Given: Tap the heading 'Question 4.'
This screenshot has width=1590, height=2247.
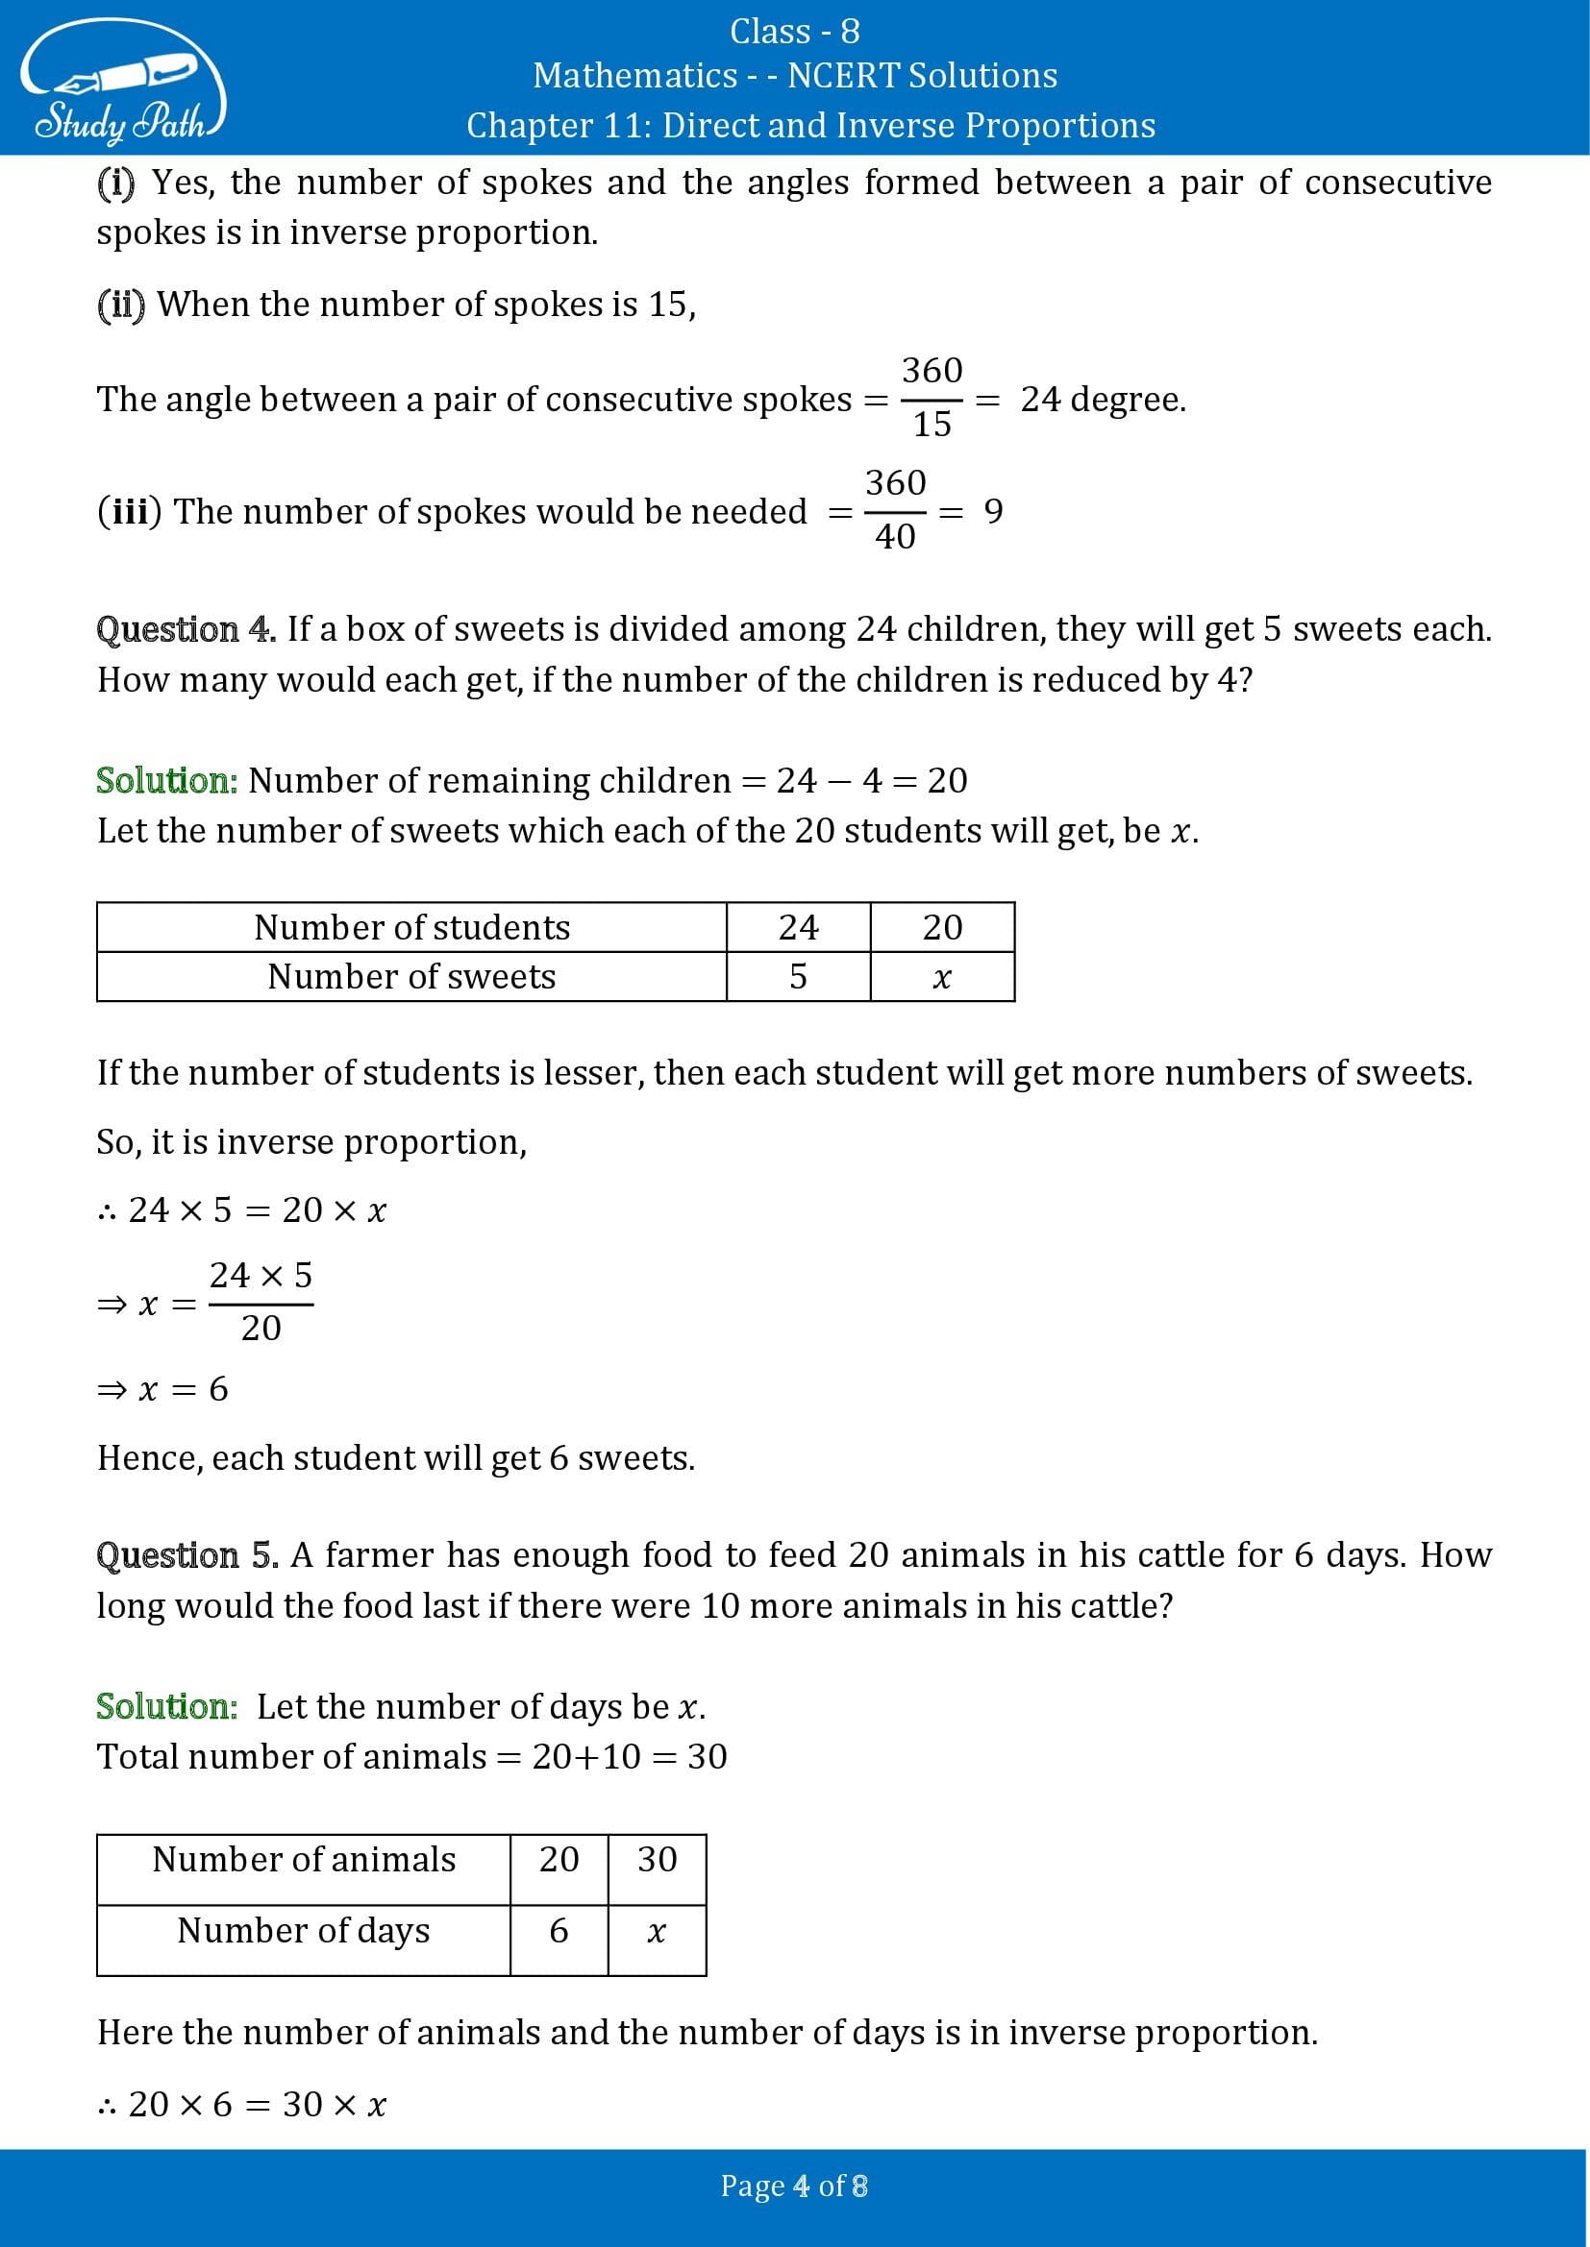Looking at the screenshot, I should (186, 629).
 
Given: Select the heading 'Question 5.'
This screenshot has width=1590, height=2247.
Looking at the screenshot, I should (187, 1555).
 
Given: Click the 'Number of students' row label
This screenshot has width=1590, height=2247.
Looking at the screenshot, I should (411, 927).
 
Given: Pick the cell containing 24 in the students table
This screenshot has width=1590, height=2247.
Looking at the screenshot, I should (798, 927).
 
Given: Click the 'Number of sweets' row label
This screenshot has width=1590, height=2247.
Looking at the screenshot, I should (411, 977).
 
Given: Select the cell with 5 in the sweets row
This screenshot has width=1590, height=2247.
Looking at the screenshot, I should (798, 977).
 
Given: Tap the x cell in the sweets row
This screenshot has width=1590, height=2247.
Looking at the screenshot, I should (942, 977).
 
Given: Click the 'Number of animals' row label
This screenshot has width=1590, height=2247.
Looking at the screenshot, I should (304, 1860).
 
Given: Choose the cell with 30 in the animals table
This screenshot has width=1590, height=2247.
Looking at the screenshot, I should (657, 1860).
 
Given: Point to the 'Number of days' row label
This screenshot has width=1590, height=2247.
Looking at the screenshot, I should (304, 1930).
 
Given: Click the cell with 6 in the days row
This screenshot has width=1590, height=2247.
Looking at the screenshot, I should (559, 1931).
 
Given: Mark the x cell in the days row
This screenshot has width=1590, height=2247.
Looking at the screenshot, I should (657, 1931).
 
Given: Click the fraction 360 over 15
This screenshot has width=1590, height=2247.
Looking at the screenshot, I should (932, 398).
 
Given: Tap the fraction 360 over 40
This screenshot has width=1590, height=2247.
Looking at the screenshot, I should (895, 510).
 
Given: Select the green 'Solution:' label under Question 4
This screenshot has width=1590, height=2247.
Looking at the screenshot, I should (167, 780).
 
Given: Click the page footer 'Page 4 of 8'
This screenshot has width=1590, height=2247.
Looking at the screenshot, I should (794, 2186).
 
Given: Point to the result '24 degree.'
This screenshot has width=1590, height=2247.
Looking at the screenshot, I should (1104, 400).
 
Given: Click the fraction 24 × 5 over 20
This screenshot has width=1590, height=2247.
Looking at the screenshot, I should (261, 1302).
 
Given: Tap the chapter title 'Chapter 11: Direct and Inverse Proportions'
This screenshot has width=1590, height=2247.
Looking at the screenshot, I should (810, 125).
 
